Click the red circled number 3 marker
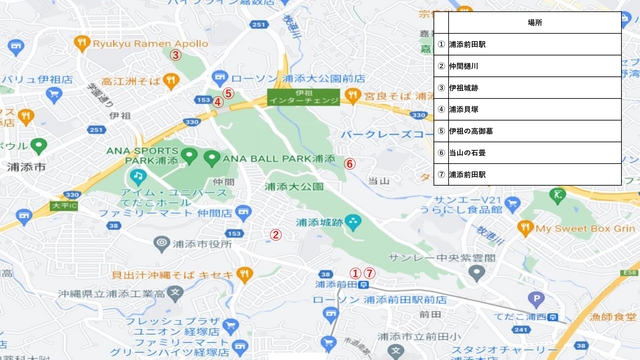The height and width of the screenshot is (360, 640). [175, 56]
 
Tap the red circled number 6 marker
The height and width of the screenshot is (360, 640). [350, 163]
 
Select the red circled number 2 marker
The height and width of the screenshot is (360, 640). [276, 236]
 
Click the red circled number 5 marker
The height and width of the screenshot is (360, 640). [228, 93]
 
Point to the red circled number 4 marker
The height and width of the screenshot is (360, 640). [217, 101]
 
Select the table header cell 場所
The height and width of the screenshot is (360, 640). [535, 22]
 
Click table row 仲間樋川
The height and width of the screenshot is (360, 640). [535, 66]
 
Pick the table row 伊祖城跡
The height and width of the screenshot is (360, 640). [535, 88]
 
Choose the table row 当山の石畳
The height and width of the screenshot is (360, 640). [535, 153]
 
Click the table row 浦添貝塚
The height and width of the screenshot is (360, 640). [535, 110]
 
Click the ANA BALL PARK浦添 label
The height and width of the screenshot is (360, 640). [277, 158]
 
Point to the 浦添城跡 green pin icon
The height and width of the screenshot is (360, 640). [350, 221]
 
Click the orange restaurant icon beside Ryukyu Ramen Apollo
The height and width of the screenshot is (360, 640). [82, 43]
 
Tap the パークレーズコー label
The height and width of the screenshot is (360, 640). [386, 133]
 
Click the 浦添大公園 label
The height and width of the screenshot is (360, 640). [295, 186]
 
